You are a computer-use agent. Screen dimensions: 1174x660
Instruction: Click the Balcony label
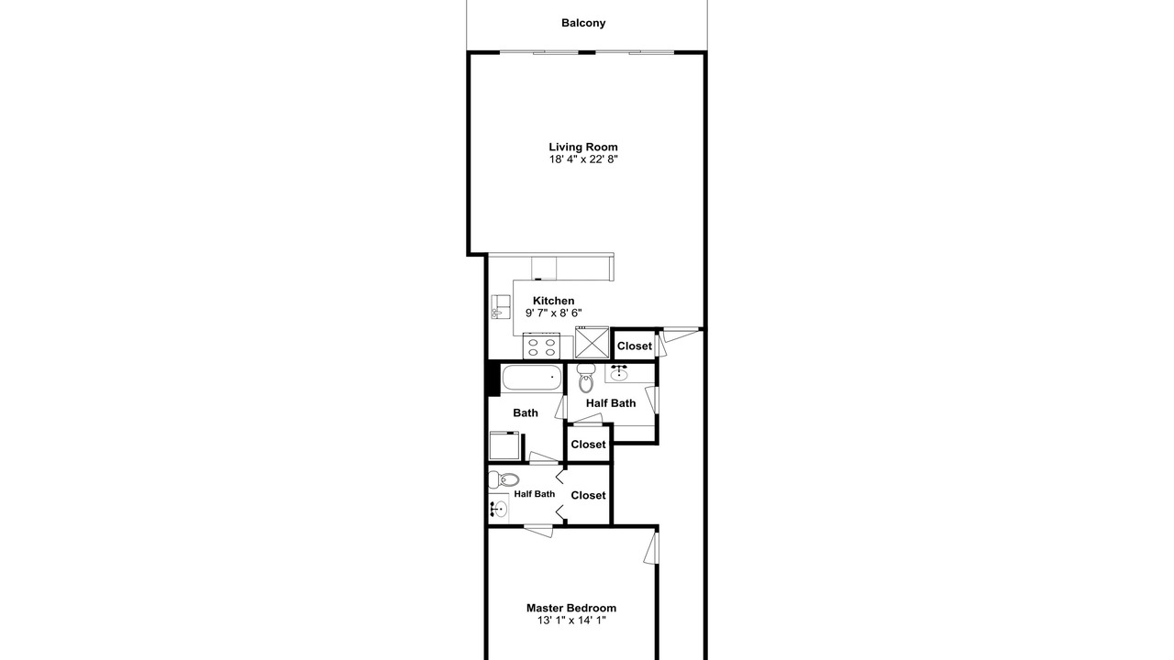tap(583, 23)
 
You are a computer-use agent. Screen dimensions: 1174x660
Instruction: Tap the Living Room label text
tap(583, 148)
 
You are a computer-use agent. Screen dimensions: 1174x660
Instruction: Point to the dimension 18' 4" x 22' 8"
tap(583, 159)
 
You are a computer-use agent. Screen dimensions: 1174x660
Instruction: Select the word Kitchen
tap(553, 301)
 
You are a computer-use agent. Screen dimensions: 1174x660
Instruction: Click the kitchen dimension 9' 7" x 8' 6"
tap(553, 313)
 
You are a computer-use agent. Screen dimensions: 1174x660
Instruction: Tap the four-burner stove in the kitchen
tap(541, 346)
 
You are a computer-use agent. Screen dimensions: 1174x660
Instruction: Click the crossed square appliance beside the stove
tap(592, 343)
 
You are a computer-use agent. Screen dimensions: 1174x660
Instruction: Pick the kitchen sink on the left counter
tap(500, 306)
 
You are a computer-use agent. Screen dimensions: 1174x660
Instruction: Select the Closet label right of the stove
tap(634, 346)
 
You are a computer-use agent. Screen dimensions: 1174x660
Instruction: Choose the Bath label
tap(526, 413)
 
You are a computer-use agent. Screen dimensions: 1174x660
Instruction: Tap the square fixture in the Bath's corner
tap(504, 445)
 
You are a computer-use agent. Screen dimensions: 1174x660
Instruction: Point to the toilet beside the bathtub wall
tap(585, 378)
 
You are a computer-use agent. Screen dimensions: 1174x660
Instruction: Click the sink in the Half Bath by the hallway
tap(619, 372)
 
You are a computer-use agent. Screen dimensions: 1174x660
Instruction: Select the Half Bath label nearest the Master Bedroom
tap(534, 494)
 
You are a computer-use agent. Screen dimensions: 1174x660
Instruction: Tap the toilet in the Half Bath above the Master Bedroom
tap(504, 478)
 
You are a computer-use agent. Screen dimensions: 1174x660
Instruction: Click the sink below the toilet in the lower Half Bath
tap(498, 509)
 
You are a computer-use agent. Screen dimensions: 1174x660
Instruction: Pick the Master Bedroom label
tap(571, 608)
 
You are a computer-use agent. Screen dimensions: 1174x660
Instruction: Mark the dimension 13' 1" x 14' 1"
tap(571, 621)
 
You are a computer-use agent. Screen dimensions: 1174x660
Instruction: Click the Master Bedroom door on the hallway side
tap(651, 548)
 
